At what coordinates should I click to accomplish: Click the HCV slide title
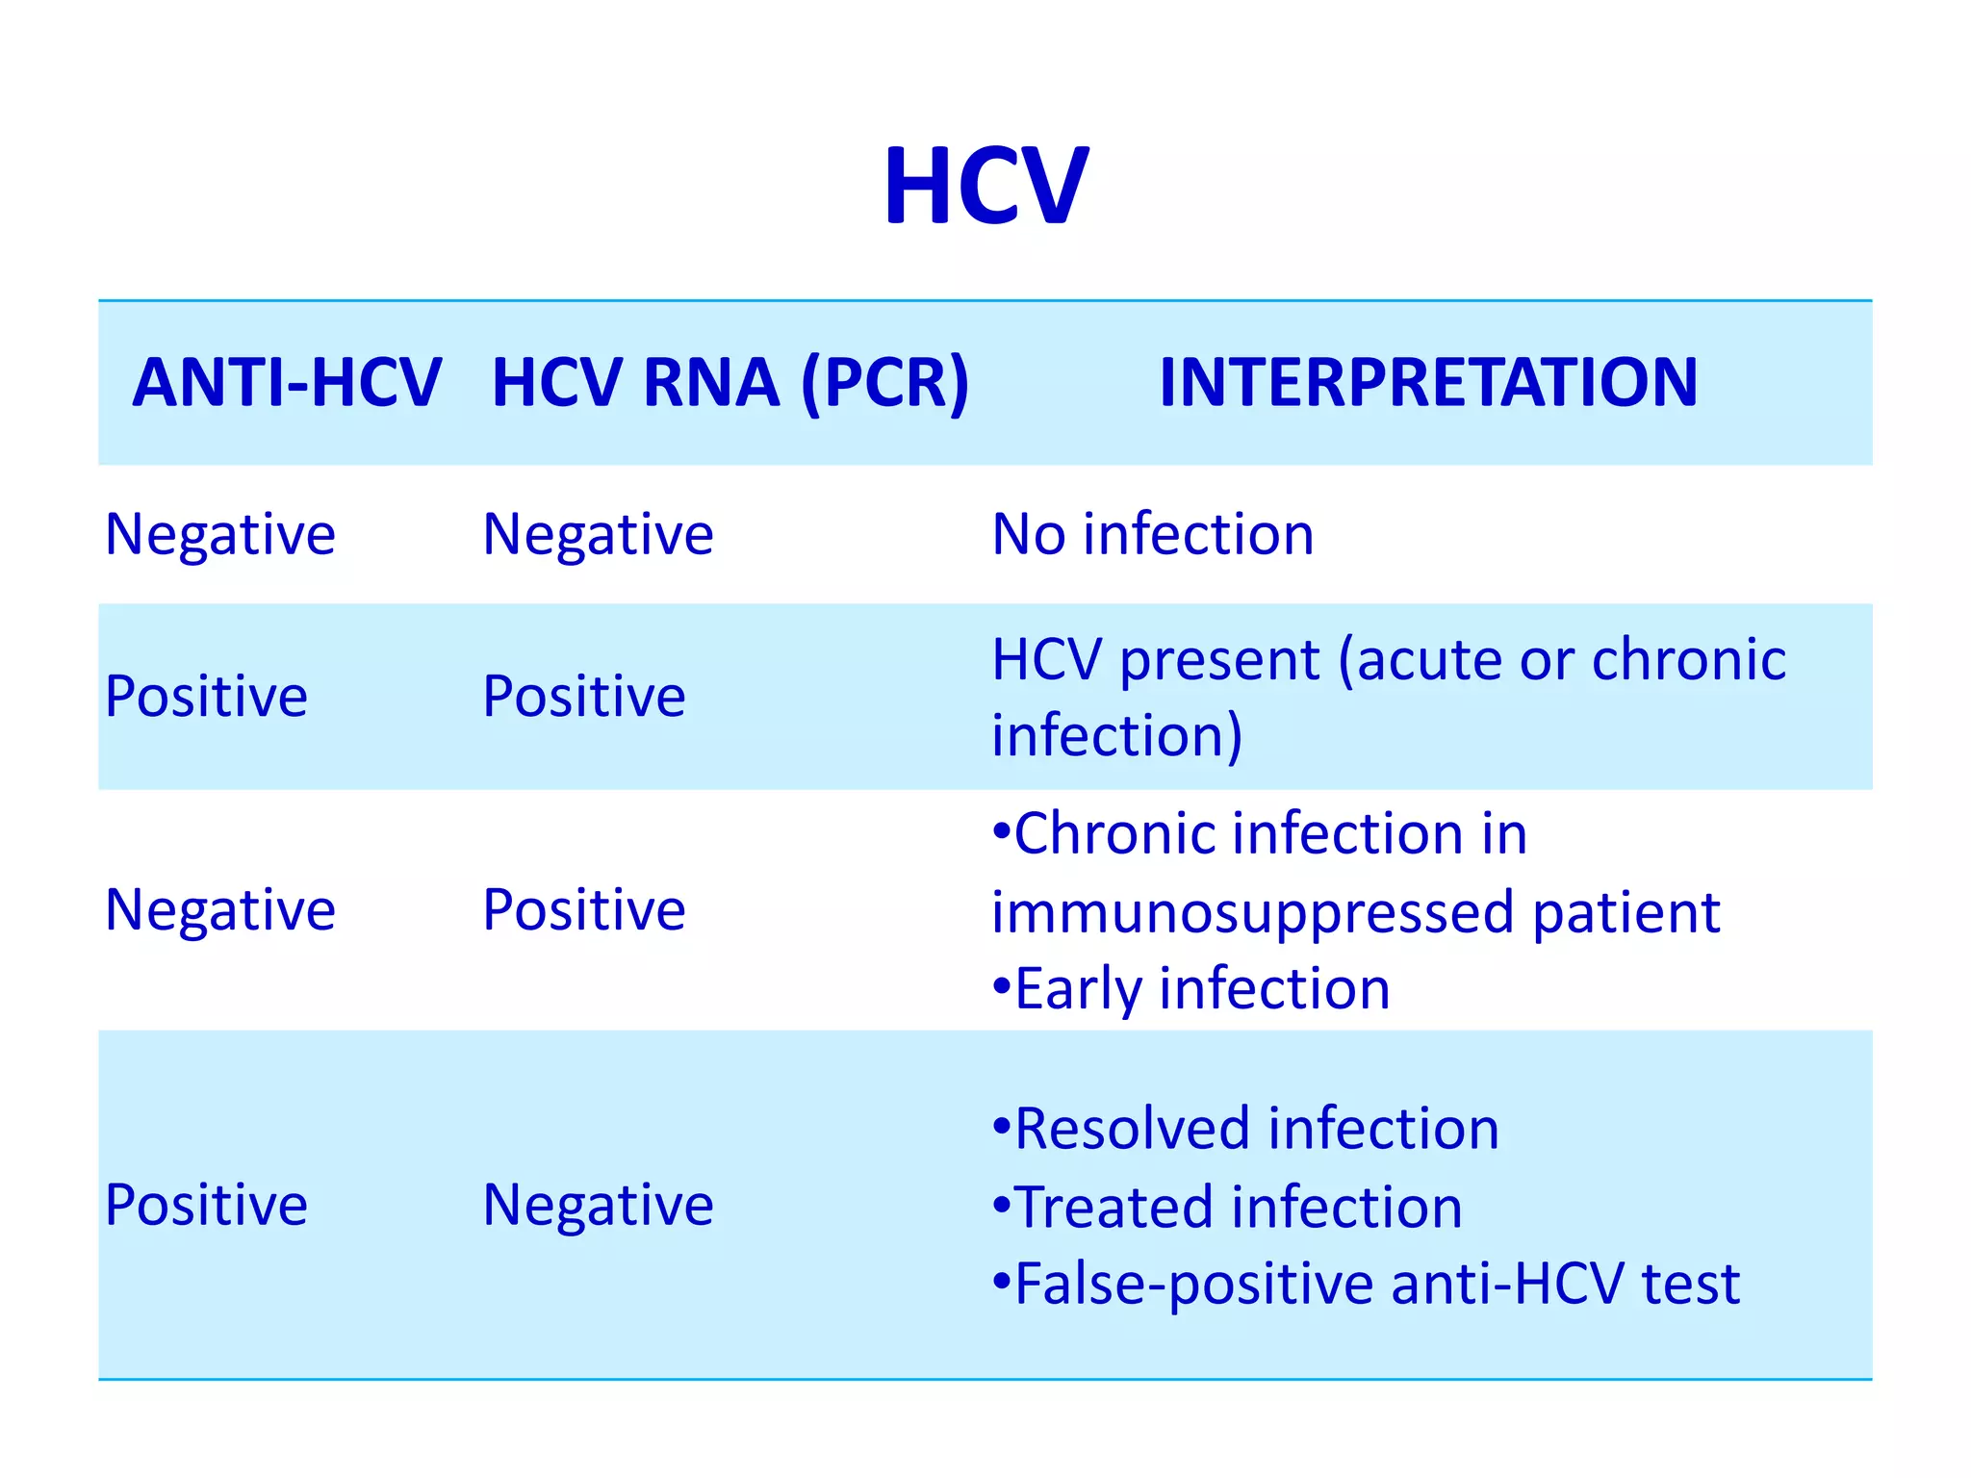coord(985,186)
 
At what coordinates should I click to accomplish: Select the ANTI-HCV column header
coord(287,383)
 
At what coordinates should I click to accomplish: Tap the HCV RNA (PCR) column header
coord(730,383)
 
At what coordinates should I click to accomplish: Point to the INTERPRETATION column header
coord(1428,383)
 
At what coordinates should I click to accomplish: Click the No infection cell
coord(1152,534)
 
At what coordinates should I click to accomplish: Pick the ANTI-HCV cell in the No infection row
coord(220,534)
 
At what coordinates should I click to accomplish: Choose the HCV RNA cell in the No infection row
coord(598,534)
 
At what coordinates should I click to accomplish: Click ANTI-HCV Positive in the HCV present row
coord(206,697)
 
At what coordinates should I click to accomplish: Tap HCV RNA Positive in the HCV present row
coord(583,697)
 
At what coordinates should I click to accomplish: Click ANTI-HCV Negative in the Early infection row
coord(220,910)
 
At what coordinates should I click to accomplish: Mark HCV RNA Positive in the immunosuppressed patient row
coord(583,910)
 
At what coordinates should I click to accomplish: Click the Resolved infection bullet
coord(1247,1129)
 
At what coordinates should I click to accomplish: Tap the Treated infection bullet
coord(1229,1208)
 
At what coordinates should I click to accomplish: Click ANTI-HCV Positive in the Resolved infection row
coord(206,1205)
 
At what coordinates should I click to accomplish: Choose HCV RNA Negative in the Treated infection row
coord(598,1205)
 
